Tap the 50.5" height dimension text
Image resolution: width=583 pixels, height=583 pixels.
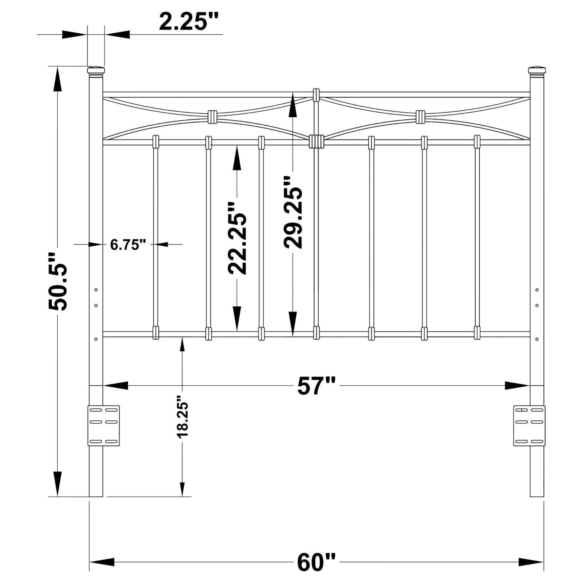coord(58,281)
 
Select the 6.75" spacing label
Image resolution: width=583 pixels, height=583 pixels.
coord(128,244)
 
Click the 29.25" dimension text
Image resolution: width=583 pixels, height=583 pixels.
coord(293,211)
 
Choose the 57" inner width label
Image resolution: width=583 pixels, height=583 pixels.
coord(316,386)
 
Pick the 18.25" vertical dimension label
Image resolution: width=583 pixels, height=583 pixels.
coord(182,419)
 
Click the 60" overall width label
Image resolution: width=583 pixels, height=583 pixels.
coord(316,562)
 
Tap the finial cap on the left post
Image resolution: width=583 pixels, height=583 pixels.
coord(96,71)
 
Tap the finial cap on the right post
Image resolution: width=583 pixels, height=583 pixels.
coord(537,71)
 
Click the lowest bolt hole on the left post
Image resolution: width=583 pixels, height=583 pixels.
coord(96,339)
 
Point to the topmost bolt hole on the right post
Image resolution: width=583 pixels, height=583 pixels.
coord(537,290)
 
